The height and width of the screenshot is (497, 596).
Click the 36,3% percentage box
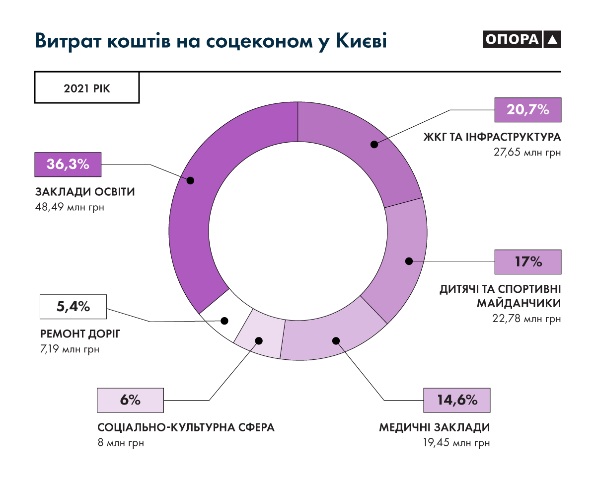(68, 165)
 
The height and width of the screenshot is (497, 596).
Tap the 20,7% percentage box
(528, 110)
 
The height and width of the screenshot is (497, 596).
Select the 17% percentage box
(528, 261)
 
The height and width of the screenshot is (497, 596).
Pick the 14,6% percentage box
(457, 400)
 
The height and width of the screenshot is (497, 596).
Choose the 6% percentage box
(131, 400)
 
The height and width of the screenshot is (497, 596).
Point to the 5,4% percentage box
(73, 307)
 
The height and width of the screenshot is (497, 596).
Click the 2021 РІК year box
(87, 88)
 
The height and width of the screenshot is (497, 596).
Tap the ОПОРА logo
(521, 40)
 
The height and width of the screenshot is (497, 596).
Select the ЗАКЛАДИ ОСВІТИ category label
(85, 192)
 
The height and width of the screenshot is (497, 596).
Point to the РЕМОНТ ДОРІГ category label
(80, 333)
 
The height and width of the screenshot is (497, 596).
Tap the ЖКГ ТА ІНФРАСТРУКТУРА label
(492, 137)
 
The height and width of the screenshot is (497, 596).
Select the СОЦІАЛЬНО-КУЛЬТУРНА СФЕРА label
(186, 427)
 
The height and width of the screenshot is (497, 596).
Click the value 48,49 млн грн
(70, 207)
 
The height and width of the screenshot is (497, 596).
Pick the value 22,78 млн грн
(527, 319)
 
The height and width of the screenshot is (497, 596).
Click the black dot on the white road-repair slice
(225, 321)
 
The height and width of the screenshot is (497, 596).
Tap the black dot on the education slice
(190, 180)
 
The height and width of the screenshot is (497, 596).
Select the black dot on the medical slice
(336, 341)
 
